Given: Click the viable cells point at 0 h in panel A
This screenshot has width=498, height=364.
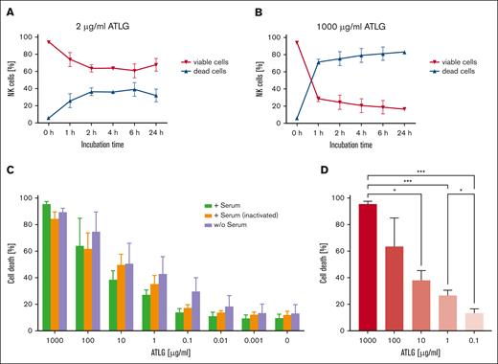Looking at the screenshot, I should [49, 42].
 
